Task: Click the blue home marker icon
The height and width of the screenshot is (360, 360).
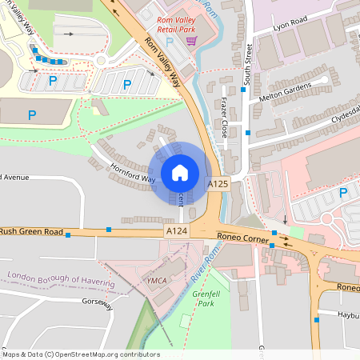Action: tap(180, 172)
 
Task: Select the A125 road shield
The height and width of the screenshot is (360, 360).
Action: tap(218, 184)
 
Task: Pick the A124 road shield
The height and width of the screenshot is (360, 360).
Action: tap(177, 231)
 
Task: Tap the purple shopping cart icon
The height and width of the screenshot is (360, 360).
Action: tap(190, 40)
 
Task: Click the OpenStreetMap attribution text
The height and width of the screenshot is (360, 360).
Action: tap(80, 354)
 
